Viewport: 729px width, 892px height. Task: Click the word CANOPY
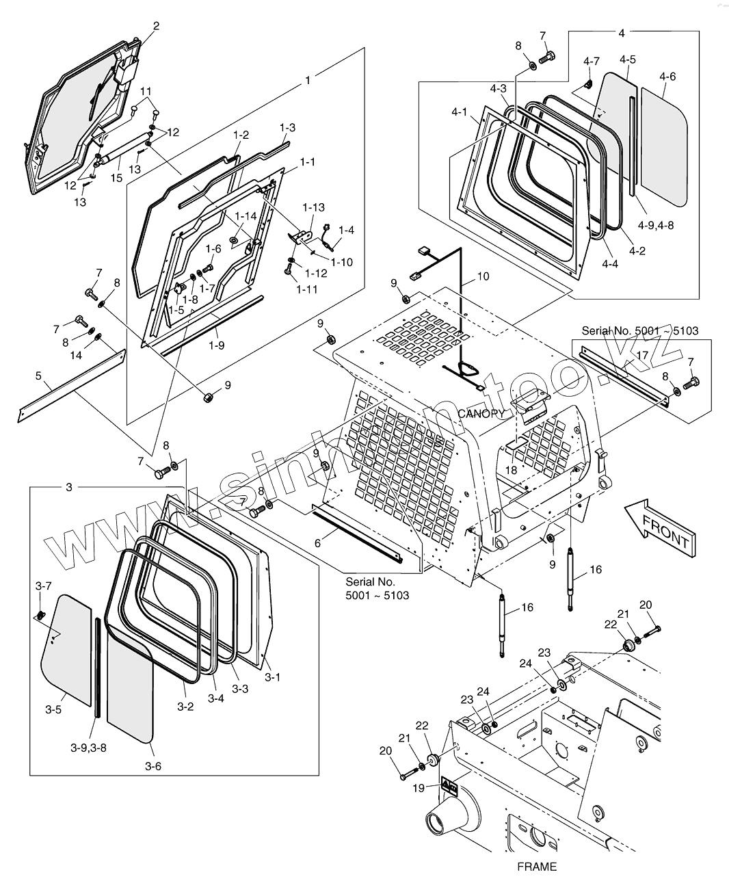coord(481,413)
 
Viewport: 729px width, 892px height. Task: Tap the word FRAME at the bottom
coord(537,867)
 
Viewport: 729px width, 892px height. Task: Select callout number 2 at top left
coord(156,27)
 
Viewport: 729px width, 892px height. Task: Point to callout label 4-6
coord(667,77)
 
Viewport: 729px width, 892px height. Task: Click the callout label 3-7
coord(43,586)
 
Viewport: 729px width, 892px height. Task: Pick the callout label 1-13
coord(313,207)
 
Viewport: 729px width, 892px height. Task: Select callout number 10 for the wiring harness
coord(483,276)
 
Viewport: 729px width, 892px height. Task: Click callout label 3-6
coord(153,766)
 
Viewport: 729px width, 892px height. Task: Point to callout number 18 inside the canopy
coord(511,471)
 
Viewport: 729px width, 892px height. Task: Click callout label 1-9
coord(216,345)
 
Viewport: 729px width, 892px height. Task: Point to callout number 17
coord(642,355)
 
